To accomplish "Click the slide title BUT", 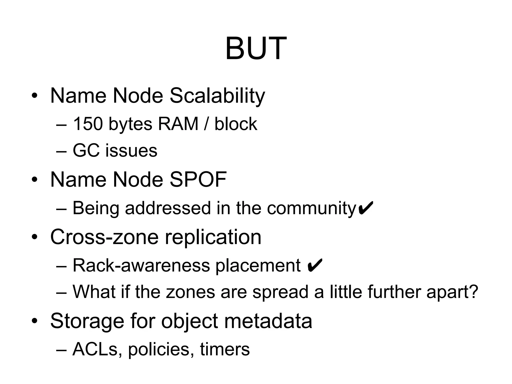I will pos(256,48).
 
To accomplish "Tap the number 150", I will pos(88,124).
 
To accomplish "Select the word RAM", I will pos(178,124).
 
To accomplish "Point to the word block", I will pos(235,124).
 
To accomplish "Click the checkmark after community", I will pos(366,208).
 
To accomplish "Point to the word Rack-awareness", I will pos(141,265).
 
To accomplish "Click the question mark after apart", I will pos(473,292).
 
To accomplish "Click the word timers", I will pos(224,349).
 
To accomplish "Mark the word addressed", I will pos(168,208).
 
